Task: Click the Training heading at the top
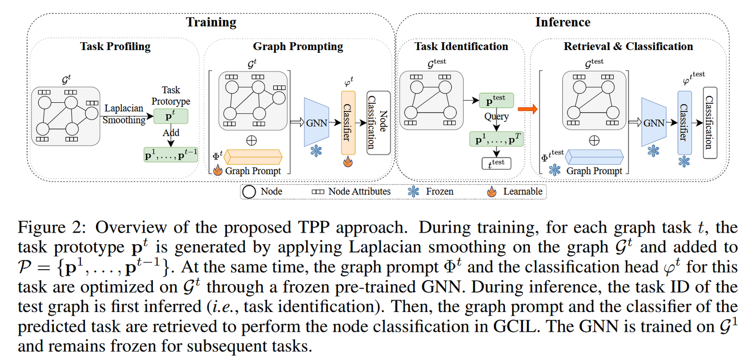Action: pyautogui.click(x=211, y=22)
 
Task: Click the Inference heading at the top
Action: pyautogui.click(x=562, y=22)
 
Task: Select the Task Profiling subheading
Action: pyautogui.click(x=115, y=46)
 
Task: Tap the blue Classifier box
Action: pyautogui.click(x=684, y=123)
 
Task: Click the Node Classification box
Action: pyautogui.click(x=378, y=123)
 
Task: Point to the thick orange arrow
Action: pyautogui.click(x=527, y=108)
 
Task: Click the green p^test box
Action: pyautogui.click(x=496, y=101)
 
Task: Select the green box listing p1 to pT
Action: pyautogui.click(x=496, y=139)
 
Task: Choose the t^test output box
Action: pyautogui.click(x=496, y=163)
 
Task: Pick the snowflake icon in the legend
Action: pyautogui.click(x=414, y=191)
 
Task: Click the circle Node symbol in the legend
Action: pyautogui.click(x=249, y=191)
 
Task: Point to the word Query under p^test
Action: pyautogui.click(x=496, y=116)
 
